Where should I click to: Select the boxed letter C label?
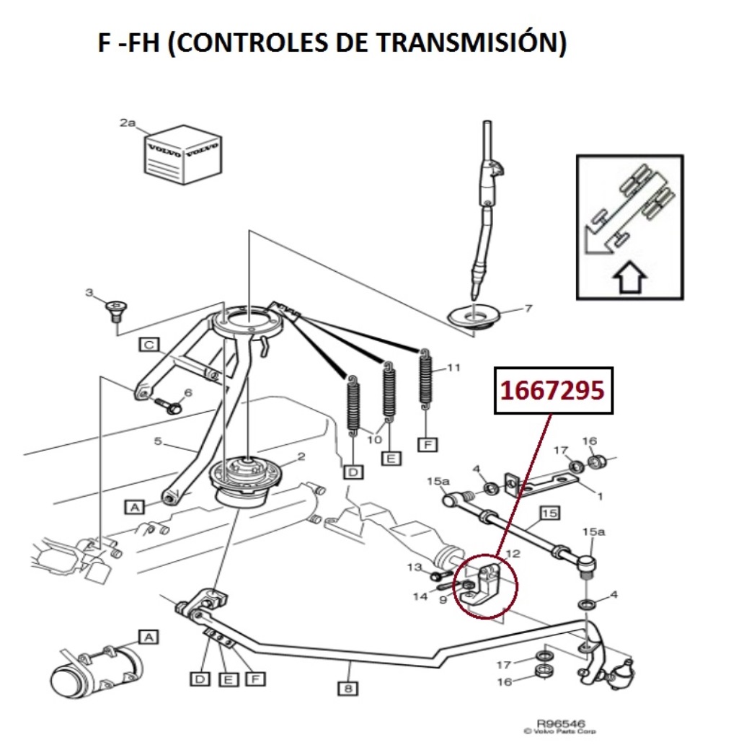coord(149,345)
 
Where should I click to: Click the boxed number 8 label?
coord(347,688)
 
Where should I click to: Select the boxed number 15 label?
coord(549,513)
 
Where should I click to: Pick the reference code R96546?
coord(561,723)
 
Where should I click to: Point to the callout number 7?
coord(528,309)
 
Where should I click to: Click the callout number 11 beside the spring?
coord(453,367)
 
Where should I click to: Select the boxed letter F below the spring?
coord(427,444)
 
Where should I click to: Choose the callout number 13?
coord(414,567)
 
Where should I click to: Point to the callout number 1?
coord(600,495)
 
